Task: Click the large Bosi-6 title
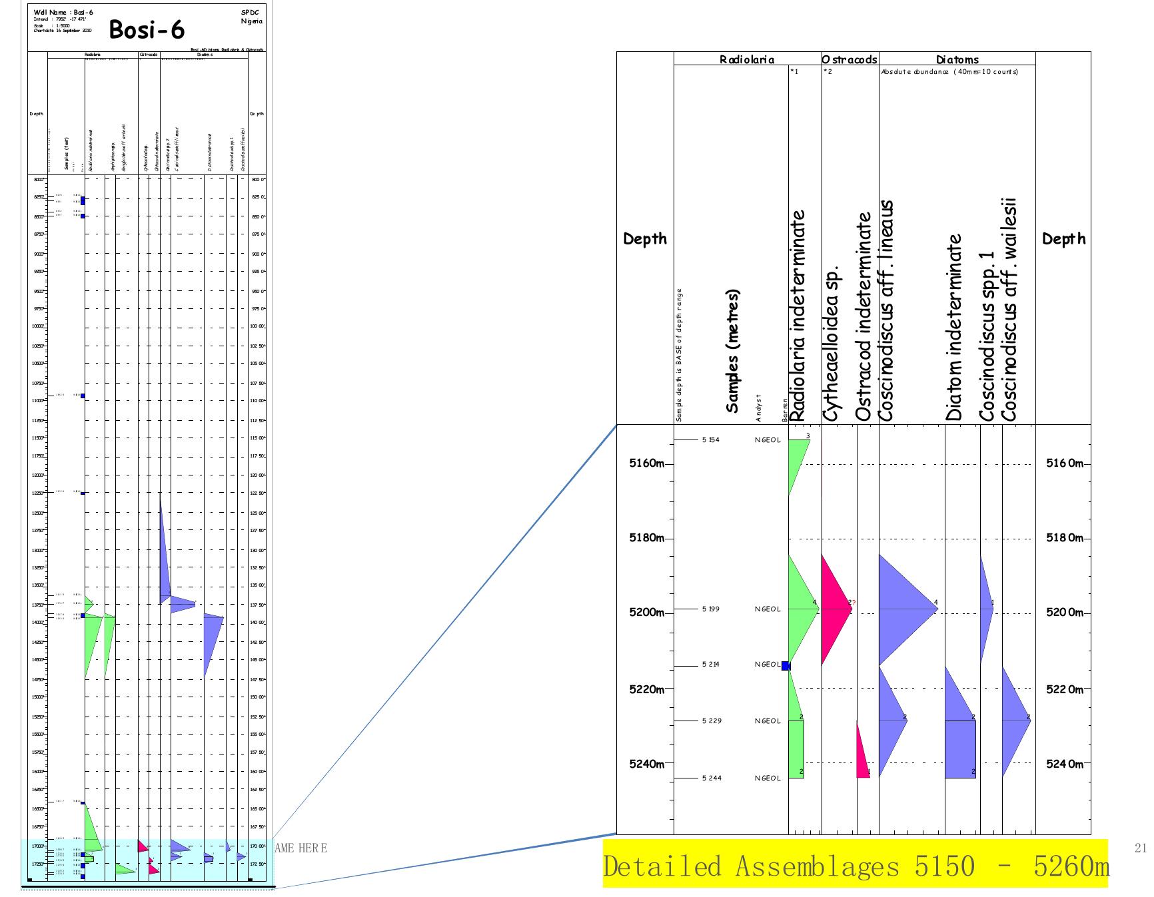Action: coord(147,29)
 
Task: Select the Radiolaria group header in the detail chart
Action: coord(747,59)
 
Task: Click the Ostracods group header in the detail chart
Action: coord(850,59)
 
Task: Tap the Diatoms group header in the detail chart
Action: coord(957,59)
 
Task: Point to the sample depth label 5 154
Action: coord(710,440)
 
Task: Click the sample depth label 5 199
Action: coord(710,609)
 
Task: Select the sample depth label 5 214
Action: coord(710,665)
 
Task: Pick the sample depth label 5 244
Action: coord(710,778)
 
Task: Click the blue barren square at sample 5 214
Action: coord(786,665)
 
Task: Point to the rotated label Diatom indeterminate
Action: coord(954,327)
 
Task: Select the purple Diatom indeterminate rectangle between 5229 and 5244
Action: coord(960,749)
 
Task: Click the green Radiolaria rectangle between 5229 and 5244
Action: coord(796,749)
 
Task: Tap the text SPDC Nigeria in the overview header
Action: coord(251,17)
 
